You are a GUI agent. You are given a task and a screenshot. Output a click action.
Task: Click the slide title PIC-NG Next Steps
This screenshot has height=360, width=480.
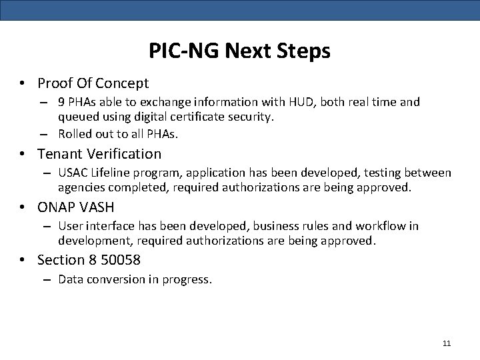click(240, 51)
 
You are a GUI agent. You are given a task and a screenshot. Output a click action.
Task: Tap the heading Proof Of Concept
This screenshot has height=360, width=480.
click(93, 83)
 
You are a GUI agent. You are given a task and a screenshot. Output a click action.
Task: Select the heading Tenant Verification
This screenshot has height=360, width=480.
click(99, 154)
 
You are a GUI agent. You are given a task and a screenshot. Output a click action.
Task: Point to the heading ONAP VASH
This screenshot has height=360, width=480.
click(76, 207)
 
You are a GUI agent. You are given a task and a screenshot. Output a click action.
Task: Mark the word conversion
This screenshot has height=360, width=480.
click(113, 279)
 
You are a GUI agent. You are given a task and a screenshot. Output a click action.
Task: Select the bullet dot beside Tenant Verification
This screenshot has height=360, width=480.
click(23, 155)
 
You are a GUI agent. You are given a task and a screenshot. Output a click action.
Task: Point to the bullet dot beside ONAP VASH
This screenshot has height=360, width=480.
click(23, 208)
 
